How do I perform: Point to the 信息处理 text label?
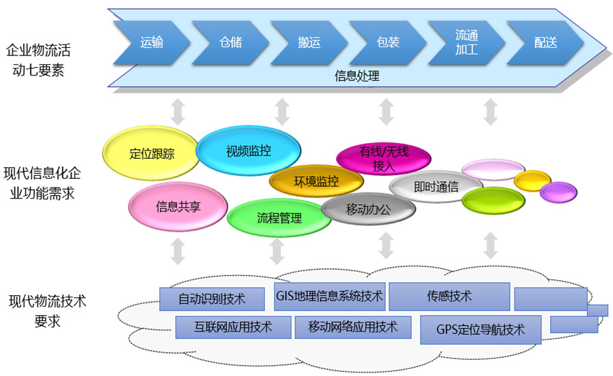(x=356, y=76)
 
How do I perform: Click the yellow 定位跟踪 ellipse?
(x=152, y=153)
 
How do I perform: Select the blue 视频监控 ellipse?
(x=248, y=151)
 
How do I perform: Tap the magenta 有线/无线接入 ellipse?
(x=384, y=158)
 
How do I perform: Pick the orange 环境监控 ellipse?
(x=316, y=181)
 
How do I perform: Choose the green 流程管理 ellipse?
(x=279, y=218)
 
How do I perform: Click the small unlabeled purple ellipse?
(x=558, y=192)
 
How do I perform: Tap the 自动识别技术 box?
(x=212, y=299)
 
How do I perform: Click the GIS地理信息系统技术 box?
(x=330, y=297)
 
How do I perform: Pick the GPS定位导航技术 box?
(x=480, y=329)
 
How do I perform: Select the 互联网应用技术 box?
(x=233, y=327)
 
